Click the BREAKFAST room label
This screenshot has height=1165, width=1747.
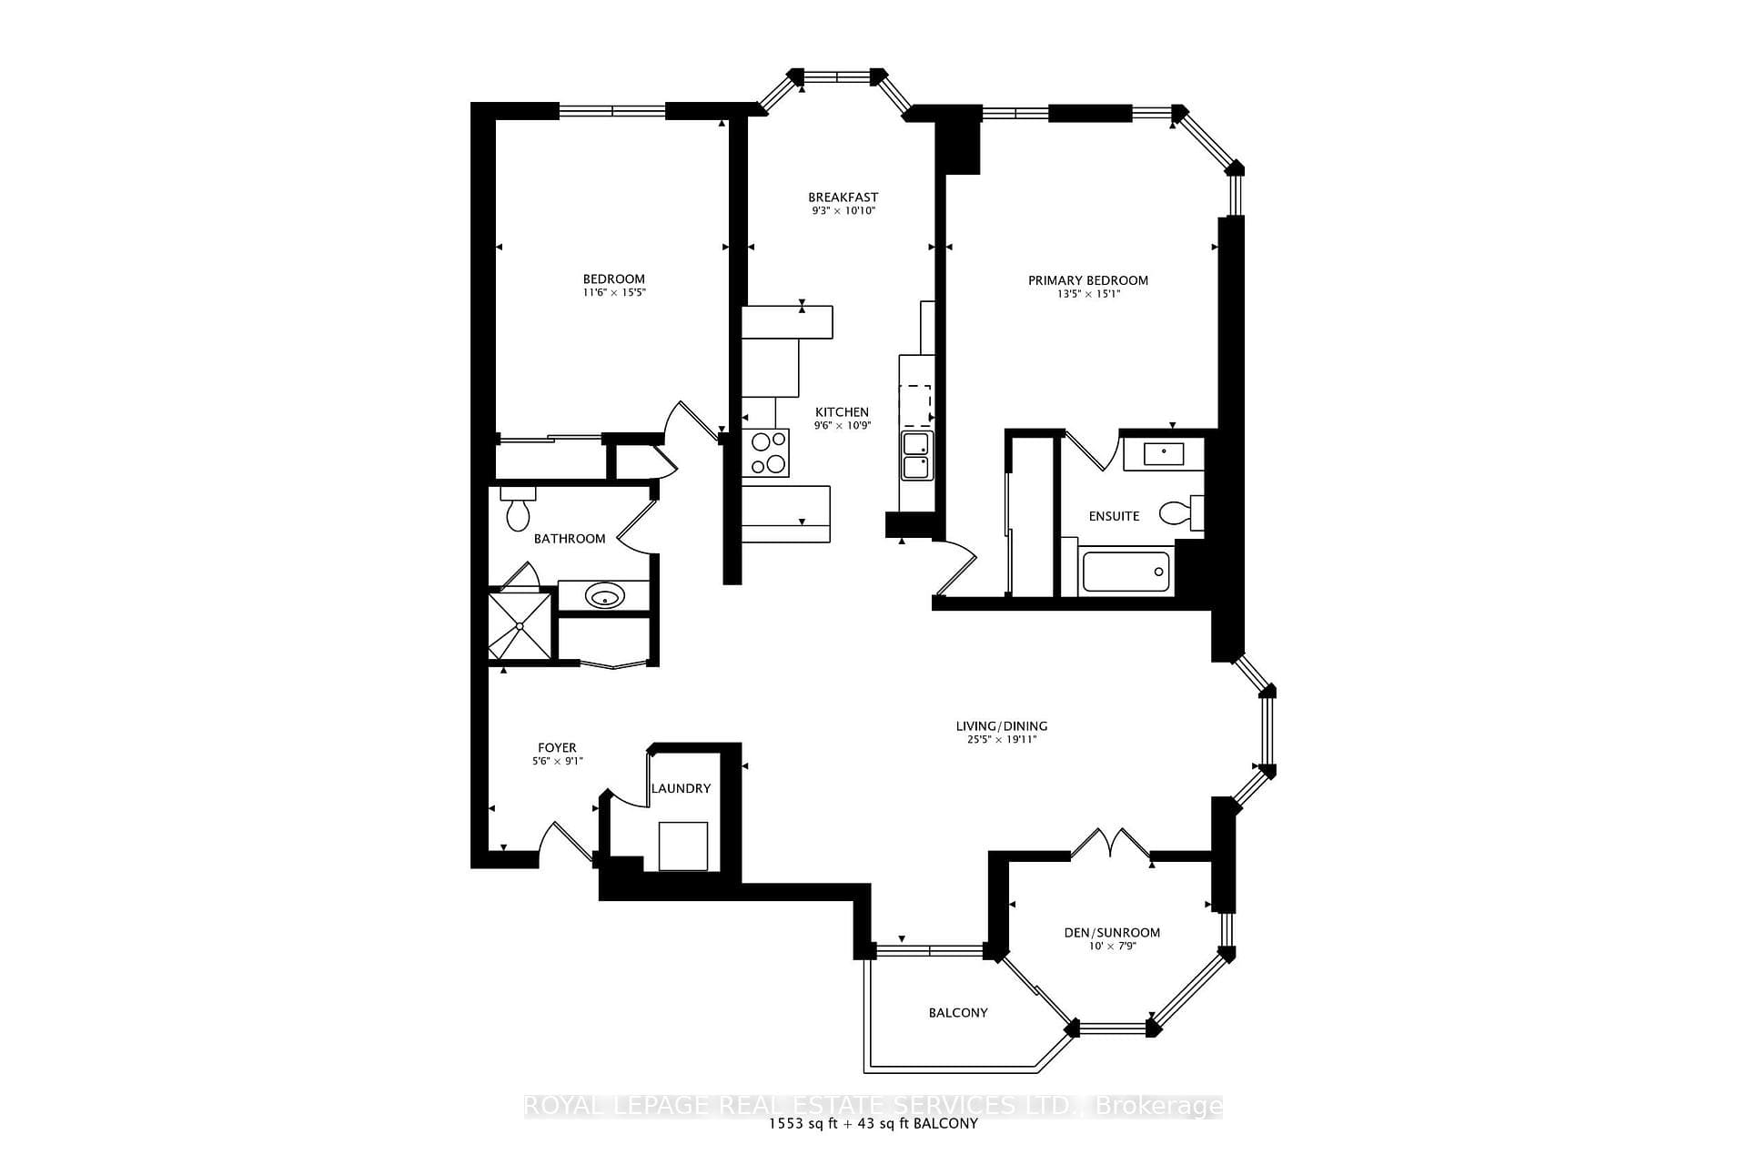click(843, 198)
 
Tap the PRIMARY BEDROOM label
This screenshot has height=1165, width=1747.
click(1088, 280)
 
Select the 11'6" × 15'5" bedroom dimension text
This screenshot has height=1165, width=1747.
click(614, 293)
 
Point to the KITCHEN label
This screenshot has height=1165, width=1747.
click(842, 412)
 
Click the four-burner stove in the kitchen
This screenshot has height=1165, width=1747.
click(765, 452)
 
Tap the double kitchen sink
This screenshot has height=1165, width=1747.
click(915, 456)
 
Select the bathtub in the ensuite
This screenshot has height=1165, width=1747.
click(1126, 572)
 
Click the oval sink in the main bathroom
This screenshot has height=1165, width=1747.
click(604, 597)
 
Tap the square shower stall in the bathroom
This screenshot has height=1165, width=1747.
click(520, 625)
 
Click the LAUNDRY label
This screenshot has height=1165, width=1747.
click(681, 788)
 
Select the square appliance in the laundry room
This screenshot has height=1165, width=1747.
click(682, 846)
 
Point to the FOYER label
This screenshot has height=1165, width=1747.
click(557, 748)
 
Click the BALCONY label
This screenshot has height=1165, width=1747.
click(958, 1013)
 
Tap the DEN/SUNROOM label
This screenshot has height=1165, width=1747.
click(1112, 933)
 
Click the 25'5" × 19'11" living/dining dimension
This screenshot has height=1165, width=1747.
click(1002, 740)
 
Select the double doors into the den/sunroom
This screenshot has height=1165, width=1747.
click(1111, 844)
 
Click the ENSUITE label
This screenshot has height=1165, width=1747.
click(1115, 516)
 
